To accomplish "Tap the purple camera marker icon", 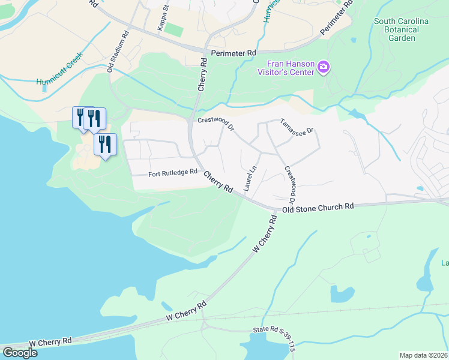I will tap(324, 67).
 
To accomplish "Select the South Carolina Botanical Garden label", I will tap(402, 29).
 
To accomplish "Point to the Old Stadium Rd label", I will tap(118, 52).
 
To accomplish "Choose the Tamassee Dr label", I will tap(297, 126).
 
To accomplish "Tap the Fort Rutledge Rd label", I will tap(173, 173).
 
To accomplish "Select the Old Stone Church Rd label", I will tap(318, 207).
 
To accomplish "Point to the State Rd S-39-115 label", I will tap(274, 331).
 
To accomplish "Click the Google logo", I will tap(20, 352).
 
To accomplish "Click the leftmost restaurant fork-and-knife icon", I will tap(80, 116).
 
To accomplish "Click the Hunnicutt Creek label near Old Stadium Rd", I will tap(59, 73).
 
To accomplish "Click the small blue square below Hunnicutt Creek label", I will tap(45, 88).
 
